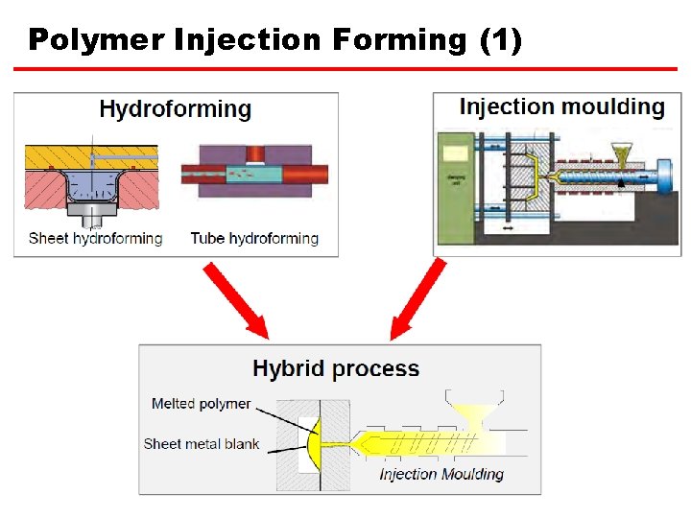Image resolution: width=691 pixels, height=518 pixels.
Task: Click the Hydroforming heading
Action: coord(175,109)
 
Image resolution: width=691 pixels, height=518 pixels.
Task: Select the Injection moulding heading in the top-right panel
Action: coord(561,106)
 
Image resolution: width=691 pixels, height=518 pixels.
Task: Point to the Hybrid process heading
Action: coord(336,368)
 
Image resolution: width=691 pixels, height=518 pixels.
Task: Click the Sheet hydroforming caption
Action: coord(96,238)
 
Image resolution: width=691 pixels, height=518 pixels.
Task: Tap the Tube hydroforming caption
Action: coord(254,238)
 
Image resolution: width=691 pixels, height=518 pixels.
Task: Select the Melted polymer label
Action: coord(201,404)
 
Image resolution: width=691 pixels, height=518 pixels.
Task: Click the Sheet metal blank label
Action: coord(202,443)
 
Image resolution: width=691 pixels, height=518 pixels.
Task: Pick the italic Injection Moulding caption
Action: coord(441,474)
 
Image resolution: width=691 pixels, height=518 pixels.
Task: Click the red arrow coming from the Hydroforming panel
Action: coord(235,299)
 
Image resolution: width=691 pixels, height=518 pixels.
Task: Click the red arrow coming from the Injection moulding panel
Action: coord(418,299)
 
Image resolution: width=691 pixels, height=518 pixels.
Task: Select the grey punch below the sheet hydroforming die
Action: coord(91,210)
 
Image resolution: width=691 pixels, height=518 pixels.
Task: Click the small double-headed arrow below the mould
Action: coord(507,230)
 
